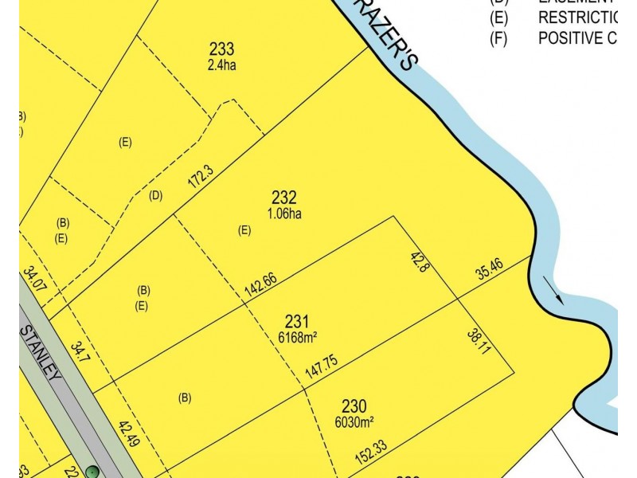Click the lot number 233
point(221,49)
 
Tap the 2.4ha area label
point(221,65)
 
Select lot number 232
point(284,198)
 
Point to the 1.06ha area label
point(284,214)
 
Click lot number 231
point(296,322)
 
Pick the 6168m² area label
point(296,337)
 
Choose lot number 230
point(354,405)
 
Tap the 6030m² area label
point(354,420)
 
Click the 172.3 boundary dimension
point(201,176)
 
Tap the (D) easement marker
point(156,195)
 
